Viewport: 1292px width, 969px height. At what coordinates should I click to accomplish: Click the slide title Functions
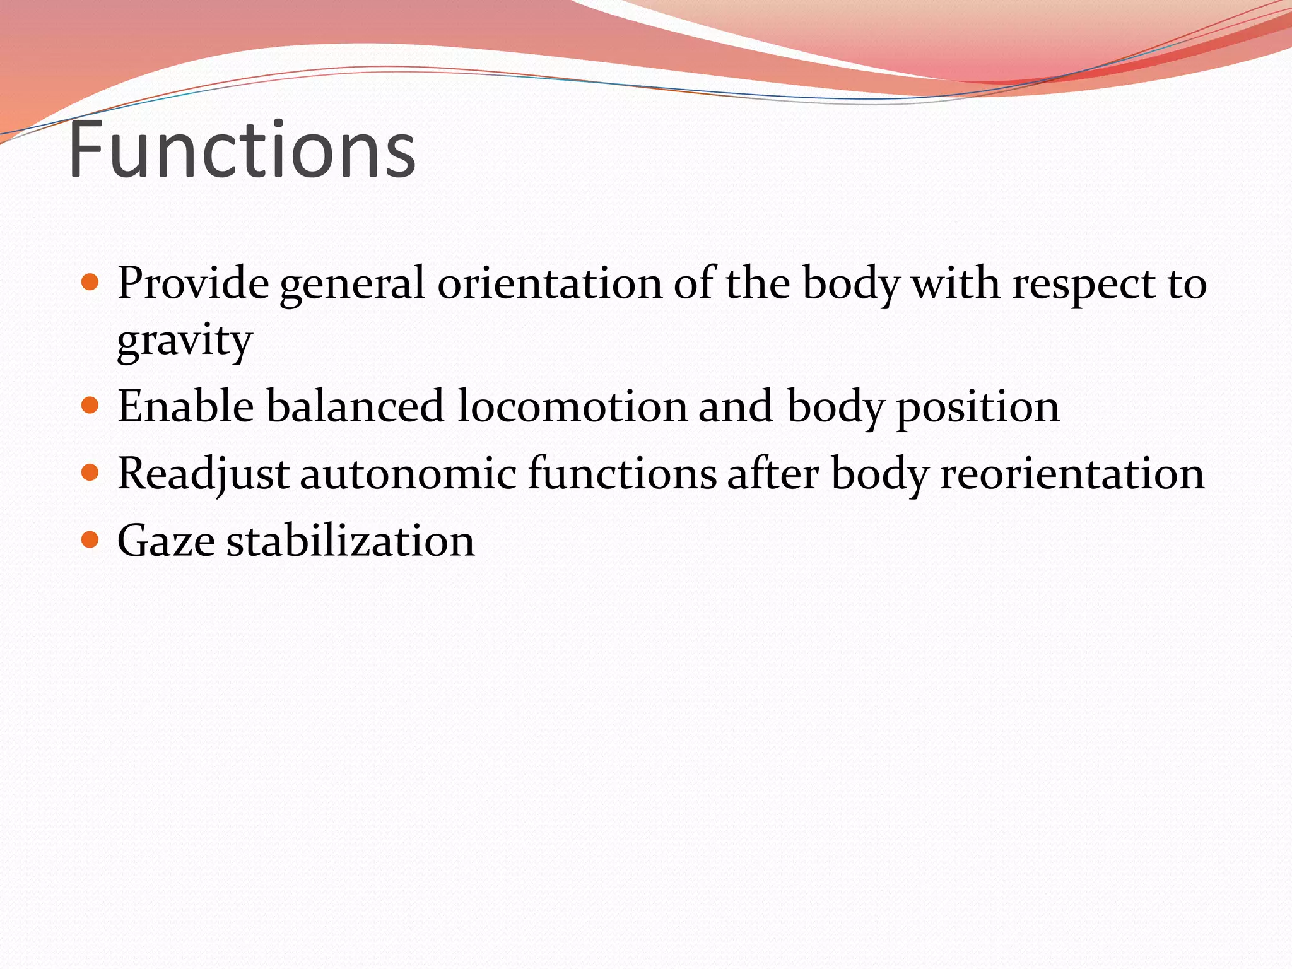pyautogui.click(x=242, y=150)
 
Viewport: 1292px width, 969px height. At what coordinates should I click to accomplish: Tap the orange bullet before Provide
pyautogui.click(x=91, y=281)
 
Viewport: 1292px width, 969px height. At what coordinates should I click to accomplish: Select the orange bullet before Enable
pyautogui.click(x=91, y=404)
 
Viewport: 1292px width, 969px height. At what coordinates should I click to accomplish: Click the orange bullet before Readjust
pyautogui.click(x=91, y=472)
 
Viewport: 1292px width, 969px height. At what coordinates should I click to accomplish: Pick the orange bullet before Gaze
pyautogui.click(x=91, y=539)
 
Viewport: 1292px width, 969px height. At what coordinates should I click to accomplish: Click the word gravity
pyautogui.click(x=185, y=341)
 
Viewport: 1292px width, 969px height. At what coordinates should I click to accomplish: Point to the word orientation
pyautogui.click(x=549, y=283)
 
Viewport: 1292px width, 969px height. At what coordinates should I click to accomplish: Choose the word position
pyautogui.click(x=977, y=408)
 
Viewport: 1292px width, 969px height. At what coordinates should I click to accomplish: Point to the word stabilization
pyautogui.click(x=350, y=541)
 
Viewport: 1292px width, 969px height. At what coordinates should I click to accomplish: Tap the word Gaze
pyautogui.click(x=166, y=541)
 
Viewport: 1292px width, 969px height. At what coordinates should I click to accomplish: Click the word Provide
pyautogui.click(x=193, y=283)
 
